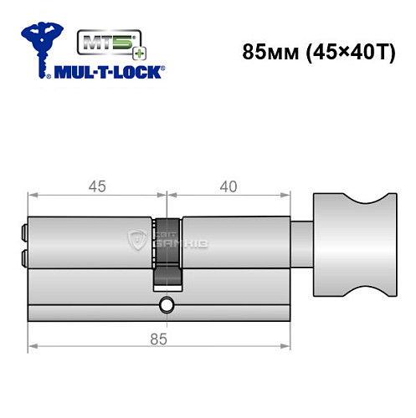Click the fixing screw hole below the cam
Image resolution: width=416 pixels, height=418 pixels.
click(167, 305)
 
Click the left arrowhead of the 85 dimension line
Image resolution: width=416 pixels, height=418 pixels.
click(32, 346)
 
